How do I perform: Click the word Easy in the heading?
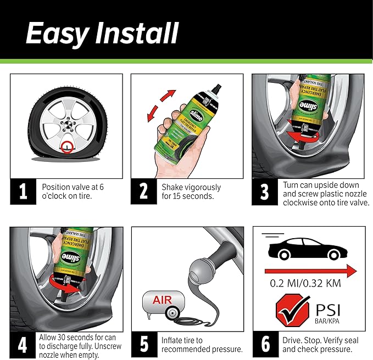pos(57,34)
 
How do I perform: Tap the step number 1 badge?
pos(23,193)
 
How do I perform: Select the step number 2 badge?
pos(144,193)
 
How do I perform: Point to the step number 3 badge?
pos(264,193)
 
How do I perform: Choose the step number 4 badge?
pos(23,345)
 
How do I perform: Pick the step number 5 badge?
pos(144,345)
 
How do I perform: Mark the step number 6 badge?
pos(265,345)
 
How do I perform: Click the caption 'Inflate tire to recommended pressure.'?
pos(201,345)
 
